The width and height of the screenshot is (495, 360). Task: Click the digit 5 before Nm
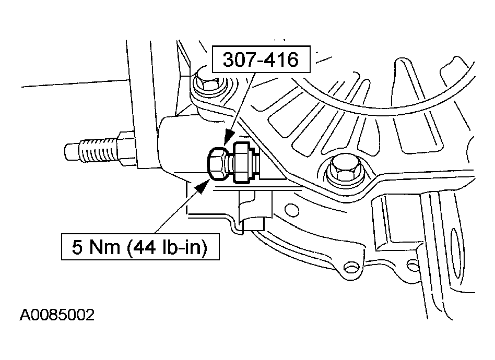(76, 247)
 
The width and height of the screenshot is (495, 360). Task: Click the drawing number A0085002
(57, 316)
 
